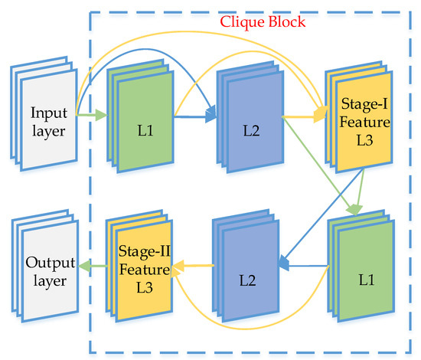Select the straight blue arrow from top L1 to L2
coord(196,118)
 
